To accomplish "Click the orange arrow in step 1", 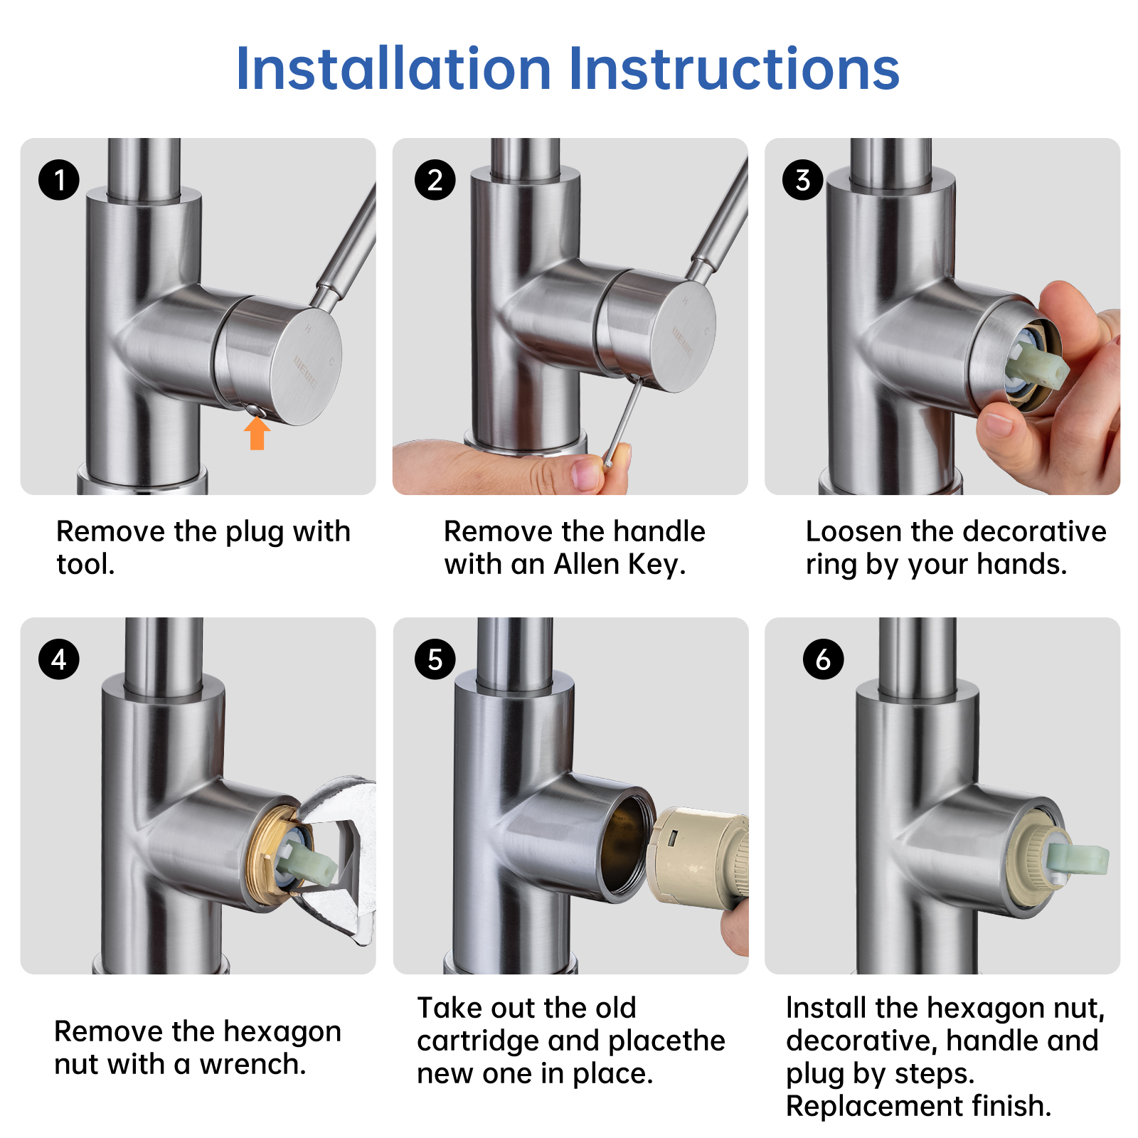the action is tap(257, 433).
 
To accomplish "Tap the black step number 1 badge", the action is tap(59, 179).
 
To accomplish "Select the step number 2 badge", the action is tap(435, 179).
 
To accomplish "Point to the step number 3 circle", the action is tap(802, 179).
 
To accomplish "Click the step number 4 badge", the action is tap(59, 659).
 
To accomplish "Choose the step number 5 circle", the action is tap(435, 659).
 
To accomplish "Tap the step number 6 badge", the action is tap(823, 659).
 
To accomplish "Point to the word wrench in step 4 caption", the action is tap(252, 1065).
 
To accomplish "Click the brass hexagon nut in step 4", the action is tap(269, 856).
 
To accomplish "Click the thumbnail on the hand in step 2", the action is tap(587, 472).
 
